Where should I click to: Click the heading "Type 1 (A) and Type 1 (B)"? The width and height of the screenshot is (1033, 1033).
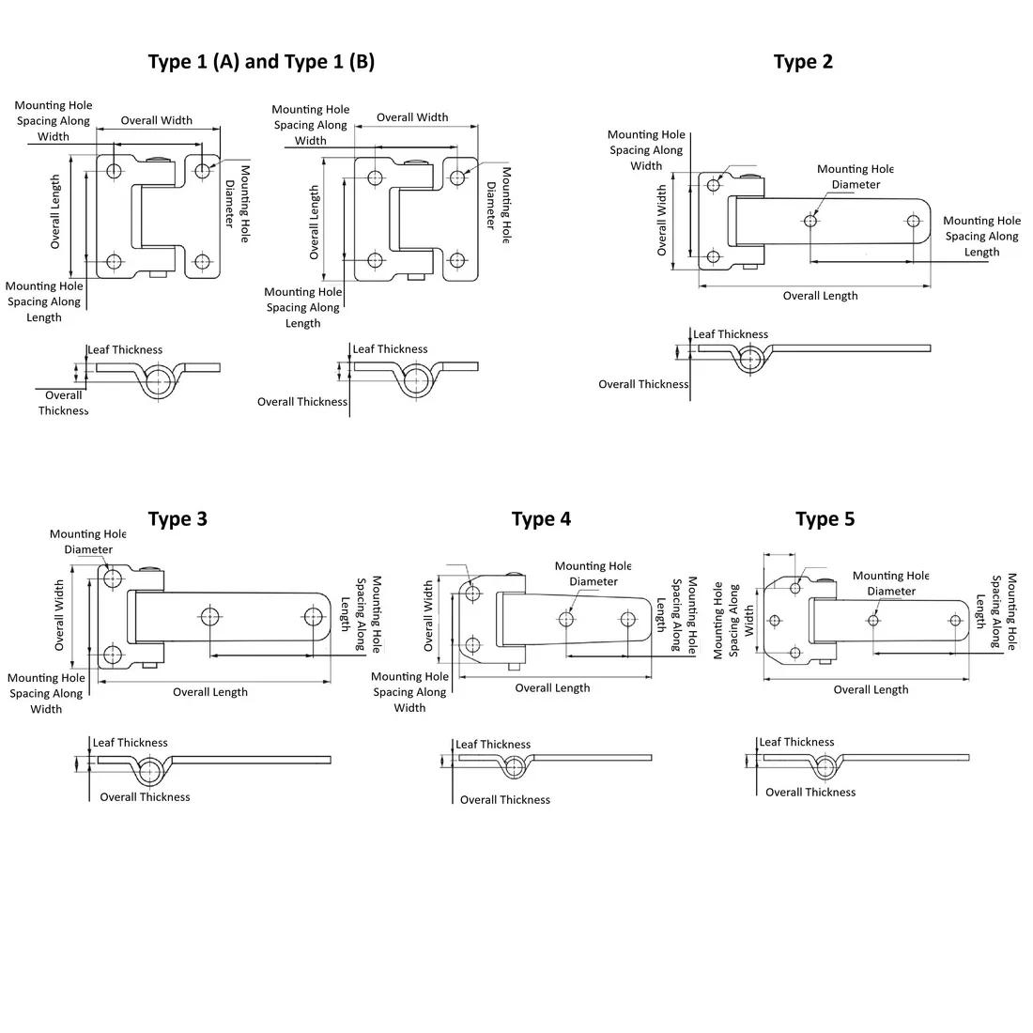[261, 62]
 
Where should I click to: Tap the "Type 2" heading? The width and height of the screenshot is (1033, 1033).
[803, 62]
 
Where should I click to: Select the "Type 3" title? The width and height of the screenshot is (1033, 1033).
[177, 519]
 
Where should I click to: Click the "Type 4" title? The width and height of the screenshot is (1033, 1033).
[541, 519]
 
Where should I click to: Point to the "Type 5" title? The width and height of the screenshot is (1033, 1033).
[825, 519]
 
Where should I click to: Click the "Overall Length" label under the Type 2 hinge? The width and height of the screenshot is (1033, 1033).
[820, 296]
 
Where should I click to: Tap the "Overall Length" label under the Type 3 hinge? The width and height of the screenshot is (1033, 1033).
[210, 692]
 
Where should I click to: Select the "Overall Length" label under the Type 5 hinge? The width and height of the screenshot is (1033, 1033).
[871, 689]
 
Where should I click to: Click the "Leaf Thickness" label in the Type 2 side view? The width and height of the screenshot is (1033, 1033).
[731, 334]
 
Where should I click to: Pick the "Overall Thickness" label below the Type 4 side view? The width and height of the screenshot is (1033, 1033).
[505, 800]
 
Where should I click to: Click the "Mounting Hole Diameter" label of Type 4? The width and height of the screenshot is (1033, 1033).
[594, 574]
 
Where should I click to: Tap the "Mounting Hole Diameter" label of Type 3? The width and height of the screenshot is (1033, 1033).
[88, 542]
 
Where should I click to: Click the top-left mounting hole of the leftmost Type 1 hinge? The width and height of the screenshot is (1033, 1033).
[115, 170]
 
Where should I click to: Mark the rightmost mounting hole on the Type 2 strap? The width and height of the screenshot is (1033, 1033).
[913, 222]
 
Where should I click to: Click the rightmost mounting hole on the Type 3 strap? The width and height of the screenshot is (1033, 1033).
[313, 617]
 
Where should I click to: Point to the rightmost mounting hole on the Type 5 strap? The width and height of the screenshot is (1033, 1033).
[955, 620]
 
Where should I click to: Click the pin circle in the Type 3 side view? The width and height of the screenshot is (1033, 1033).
[148, 772]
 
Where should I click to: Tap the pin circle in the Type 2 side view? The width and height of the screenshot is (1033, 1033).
[749, 359]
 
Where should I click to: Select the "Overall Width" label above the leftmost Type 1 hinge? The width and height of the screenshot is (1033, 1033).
[157, 120]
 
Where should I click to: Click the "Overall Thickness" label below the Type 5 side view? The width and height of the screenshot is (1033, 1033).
[810, 792]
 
